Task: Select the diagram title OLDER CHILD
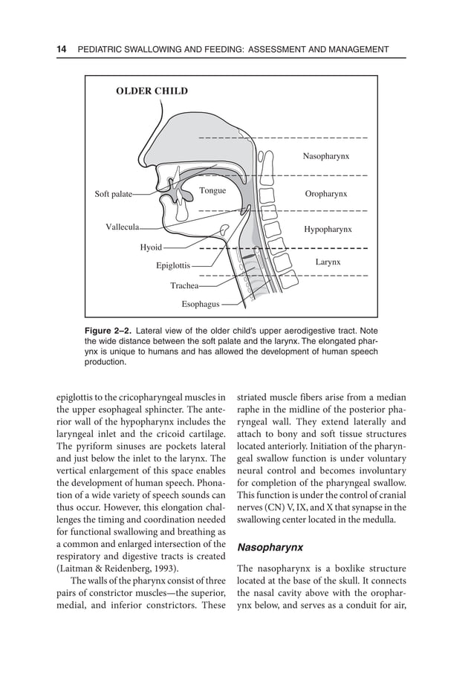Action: [x=152, y=91]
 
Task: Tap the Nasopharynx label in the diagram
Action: [x=325, y=157]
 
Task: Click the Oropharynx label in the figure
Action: [x=326, y=194]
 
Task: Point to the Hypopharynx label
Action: [x=328, y=230]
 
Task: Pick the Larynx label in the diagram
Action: [x=328, y=262]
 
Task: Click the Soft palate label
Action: [x=113, y=195]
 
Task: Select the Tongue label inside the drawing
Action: [x=212, y=191]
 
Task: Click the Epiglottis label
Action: [x=173, y=265]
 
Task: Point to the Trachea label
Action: [x=184, y=285]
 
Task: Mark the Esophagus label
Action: [x=201, y=304]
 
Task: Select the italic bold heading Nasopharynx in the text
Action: [x=270, y=548]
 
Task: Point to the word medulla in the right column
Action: [x=377, y=520]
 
